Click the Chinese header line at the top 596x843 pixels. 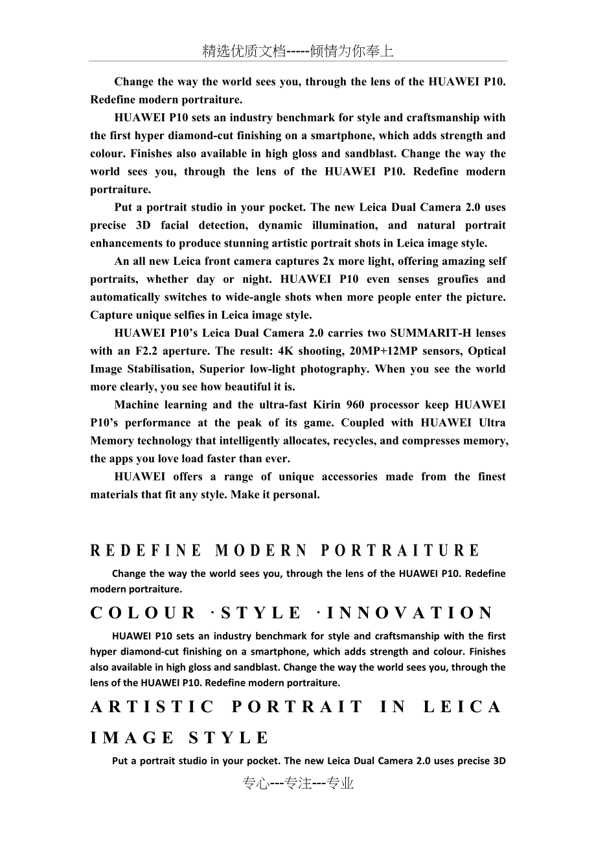click(298, 52)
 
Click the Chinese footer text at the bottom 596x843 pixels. click(298, 783)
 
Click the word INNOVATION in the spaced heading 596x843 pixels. click(410, 613)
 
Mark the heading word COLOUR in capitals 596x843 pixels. click(143, 613)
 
